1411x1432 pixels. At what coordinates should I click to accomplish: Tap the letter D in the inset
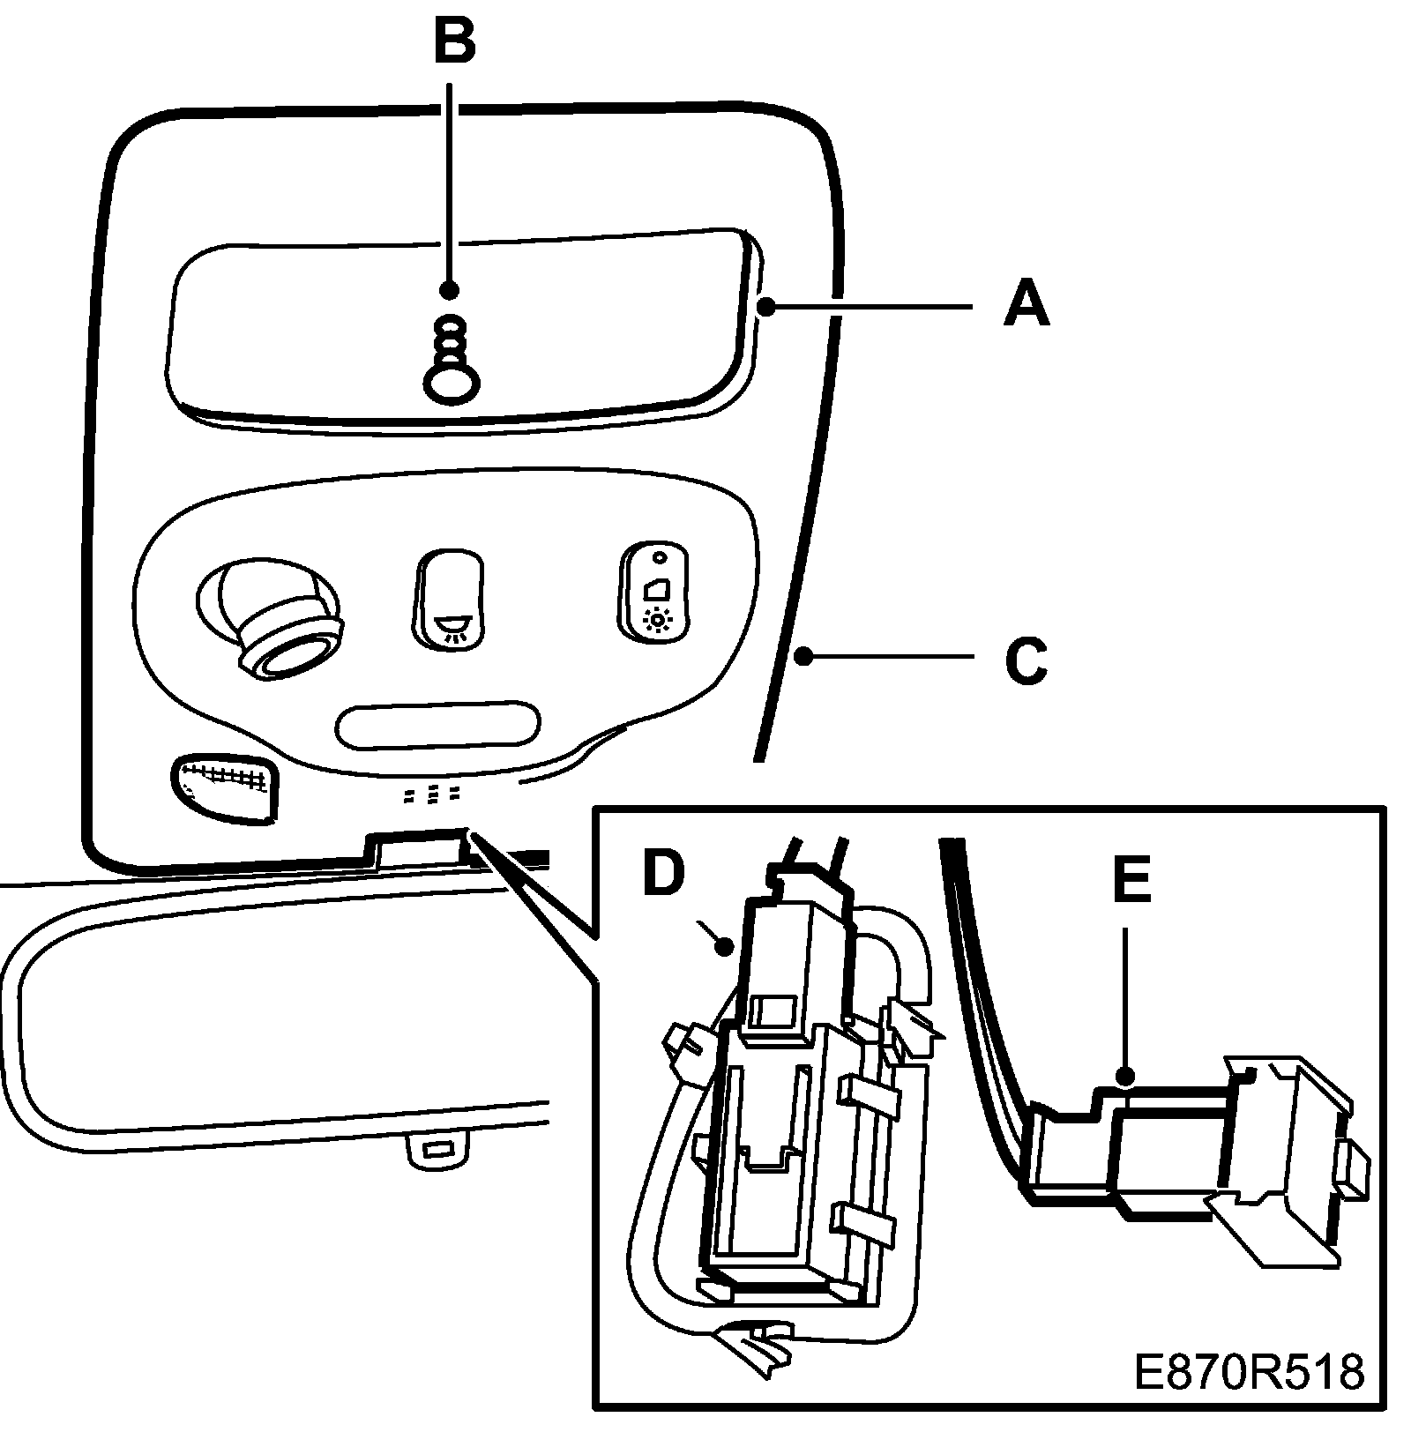pos(663,873)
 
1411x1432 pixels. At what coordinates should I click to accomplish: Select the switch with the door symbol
pos(655,589)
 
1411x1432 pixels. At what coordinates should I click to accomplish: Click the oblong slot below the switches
pos(438,724)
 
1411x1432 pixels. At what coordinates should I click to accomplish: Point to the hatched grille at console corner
pos(224,787)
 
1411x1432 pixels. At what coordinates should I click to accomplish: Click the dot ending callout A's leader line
pos(767,306)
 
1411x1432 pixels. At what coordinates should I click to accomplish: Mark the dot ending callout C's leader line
pos(803,656)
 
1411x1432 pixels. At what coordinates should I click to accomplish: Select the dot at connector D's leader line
pos(725,948)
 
